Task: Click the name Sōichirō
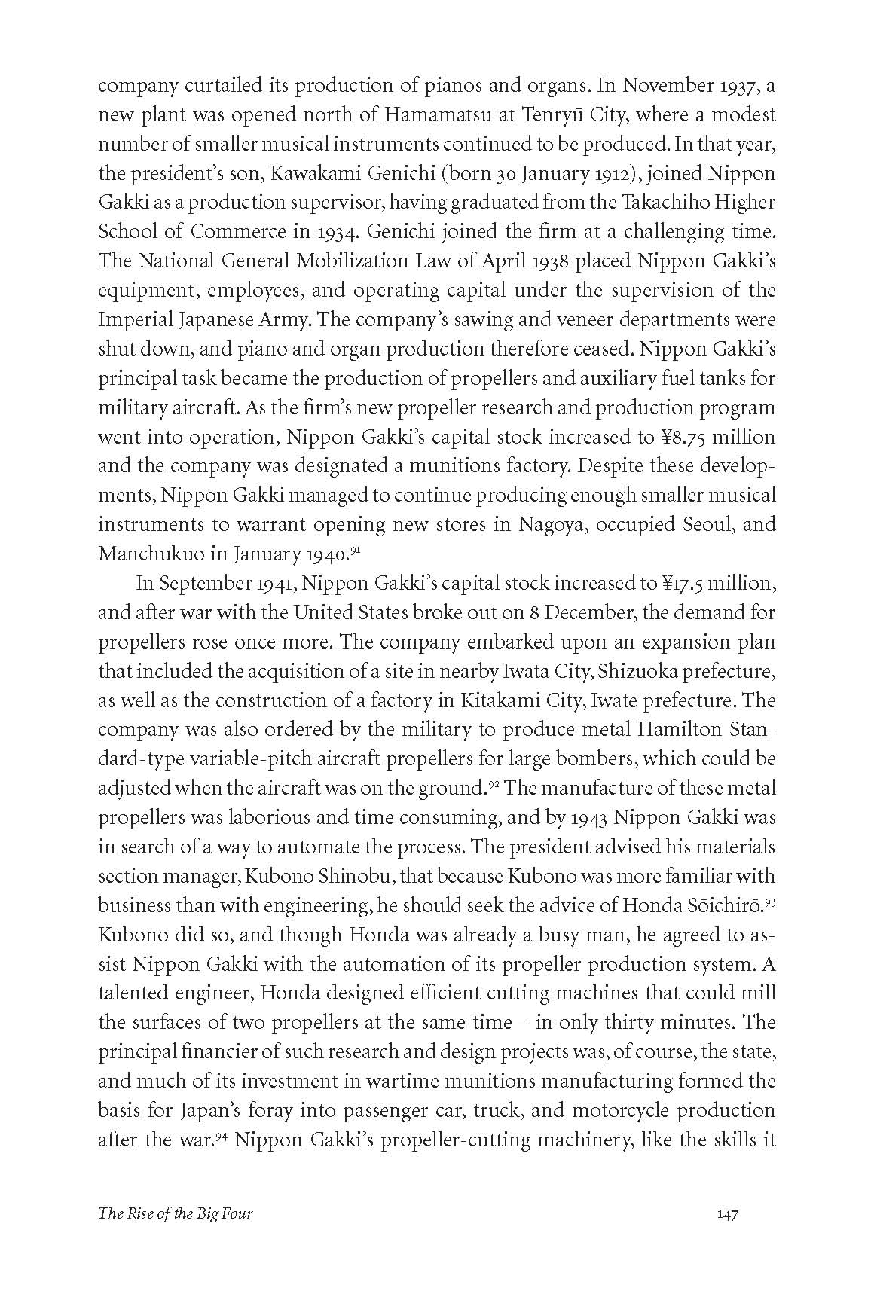click(x=729, y=905)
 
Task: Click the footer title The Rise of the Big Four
click(x=176, y=1234)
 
